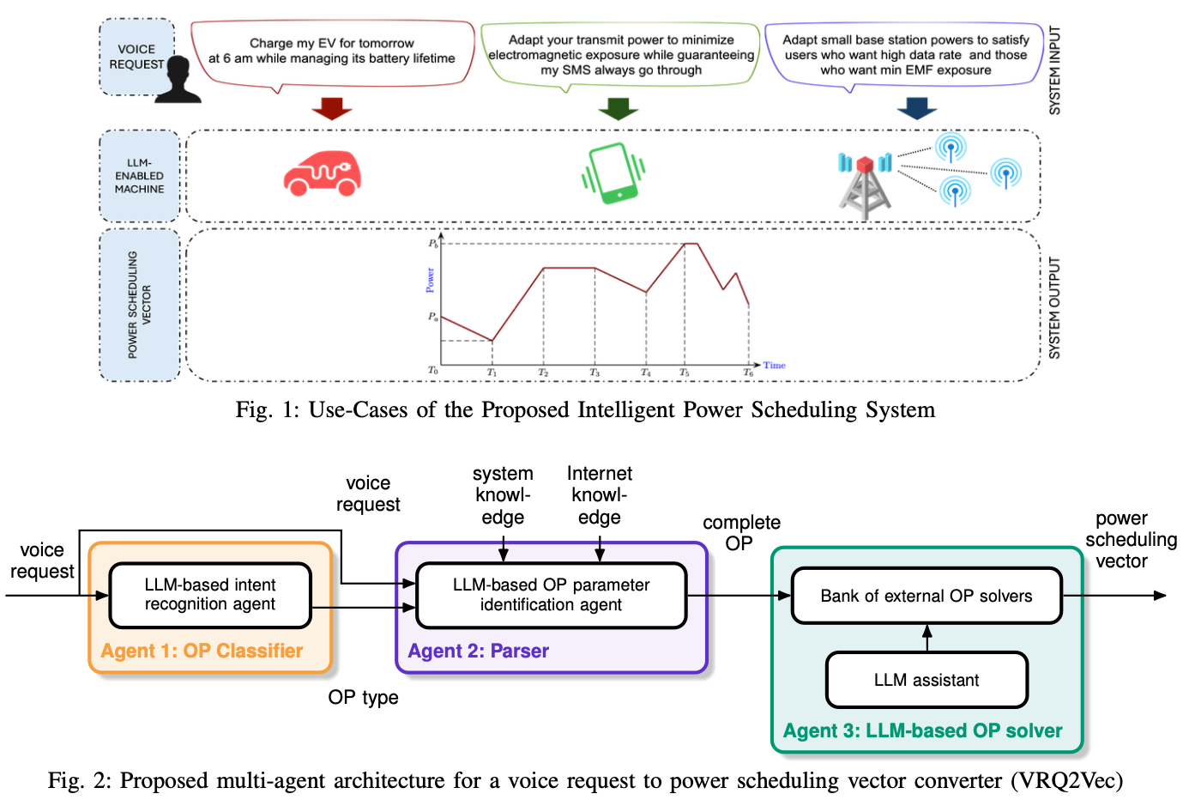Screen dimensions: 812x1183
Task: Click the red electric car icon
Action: pos(322,174)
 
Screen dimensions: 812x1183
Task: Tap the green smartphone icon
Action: pos(613,173)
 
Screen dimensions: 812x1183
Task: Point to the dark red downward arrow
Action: pos(332,108)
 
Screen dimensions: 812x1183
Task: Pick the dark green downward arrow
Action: pos(618,108)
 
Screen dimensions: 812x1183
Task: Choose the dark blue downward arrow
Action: pos(916,108)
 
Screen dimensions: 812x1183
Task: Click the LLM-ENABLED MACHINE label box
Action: pos(140,176)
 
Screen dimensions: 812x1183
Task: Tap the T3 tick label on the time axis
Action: pos(595,373)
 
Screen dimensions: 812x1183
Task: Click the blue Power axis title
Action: pos(431,280)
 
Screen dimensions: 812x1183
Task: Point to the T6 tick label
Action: pos(749,373)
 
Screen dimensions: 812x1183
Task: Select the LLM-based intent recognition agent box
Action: pos(210,595)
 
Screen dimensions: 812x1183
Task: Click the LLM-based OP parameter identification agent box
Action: pos(551,595)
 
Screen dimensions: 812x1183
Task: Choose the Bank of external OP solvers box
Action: pos(926,596)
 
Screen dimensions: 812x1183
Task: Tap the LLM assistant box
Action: pos(926,680)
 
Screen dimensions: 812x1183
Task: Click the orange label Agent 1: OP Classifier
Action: pos(202,651)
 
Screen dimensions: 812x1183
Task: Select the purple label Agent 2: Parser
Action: pos(478,651)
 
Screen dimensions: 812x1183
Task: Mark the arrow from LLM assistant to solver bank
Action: pos(926,638)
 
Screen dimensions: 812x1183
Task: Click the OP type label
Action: pos(363,697)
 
